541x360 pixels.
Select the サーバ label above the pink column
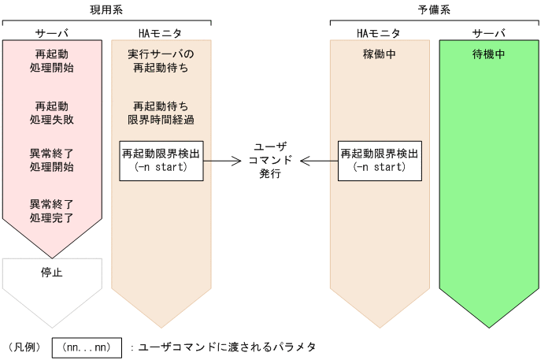pos(52,34)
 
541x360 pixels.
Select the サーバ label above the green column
pos(488,34)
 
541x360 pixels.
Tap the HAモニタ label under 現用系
pos(160,34)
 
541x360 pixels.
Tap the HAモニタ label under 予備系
pos(379,34)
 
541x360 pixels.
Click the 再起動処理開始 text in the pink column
pos(52,61)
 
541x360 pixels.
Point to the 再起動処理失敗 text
pos(52,112)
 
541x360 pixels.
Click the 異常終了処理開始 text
pos(52,161)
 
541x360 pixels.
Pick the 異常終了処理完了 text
pos(52,211)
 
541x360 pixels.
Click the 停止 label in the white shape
pos(52,273)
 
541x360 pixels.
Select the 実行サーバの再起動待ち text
pos(161,61)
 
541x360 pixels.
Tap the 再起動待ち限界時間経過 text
pos(161,112)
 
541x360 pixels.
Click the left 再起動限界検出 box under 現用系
pos(161,161)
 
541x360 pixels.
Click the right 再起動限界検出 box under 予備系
pos(379,161)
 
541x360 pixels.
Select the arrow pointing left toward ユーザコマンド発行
pos(318,161)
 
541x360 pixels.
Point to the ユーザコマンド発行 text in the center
pos(270,161)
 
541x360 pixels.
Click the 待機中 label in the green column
pos(488,56)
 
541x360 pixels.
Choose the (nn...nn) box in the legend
pos(87,347)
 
